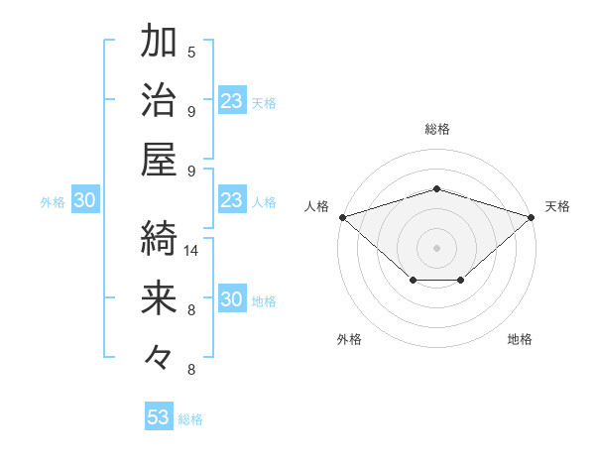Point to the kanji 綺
click(x=159, y=238)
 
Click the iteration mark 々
click(x=159, y=356)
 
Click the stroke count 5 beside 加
click(x=191, y=53)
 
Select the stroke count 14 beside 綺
click(x=191, y=251)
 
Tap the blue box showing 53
click(x=159, y=417)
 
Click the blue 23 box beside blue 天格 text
click(x=231, y=101)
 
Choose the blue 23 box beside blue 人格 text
click(x=231, y=201)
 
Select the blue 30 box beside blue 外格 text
click(x=84, y=201)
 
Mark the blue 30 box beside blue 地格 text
click(x=231, y=300)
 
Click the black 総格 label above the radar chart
click(x=436, y=129)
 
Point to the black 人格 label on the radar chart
click(x=317, y=206)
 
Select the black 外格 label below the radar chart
click(x=349, y=339)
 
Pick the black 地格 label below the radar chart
click(x=520, y=339)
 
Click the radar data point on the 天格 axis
click(x=532, y=216)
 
